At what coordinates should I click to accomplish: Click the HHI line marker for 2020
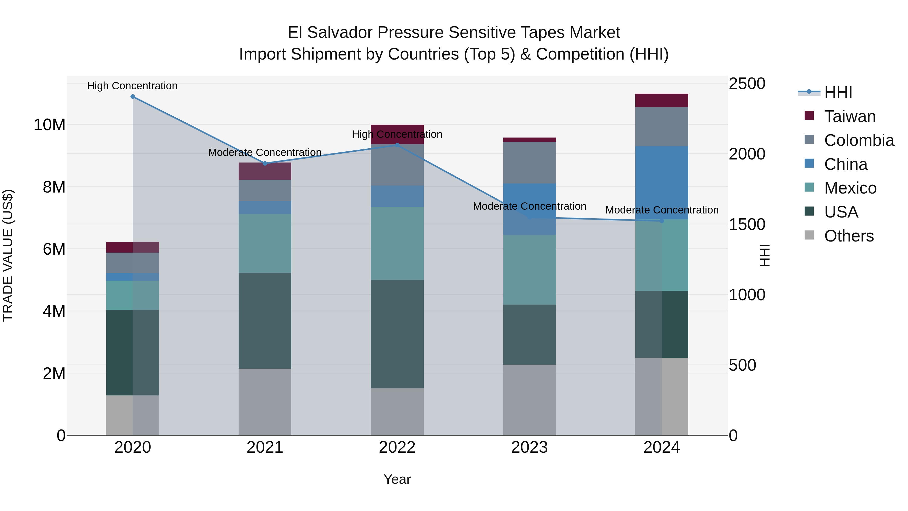(132, 97)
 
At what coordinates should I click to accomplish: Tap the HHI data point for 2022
(397, 145)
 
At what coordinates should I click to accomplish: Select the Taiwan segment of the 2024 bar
(661, 100)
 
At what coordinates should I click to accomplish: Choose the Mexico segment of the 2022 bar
(397, 243)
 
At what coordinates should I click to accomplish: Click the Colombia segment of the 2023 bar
(529, 163)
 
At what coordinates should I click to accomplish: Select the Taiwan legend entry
(849, 116)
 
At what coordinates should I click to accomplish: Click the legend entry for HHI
(838, 92)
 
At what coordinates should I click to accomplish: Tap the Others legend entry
(849, 236)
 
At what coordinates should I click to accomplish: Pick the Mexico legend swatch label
(850, 188)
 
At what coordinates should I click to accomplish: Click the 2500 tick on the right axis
(747, 84)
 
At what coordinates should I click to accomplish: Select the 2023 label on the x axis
(529, 447)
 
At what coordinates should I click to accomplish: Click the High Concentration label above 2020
(132, 86)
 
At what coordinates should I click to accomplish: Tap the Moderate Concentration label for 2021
(265, 152)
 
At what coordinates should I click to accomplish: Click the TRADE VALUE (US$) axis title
(8, 255)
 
